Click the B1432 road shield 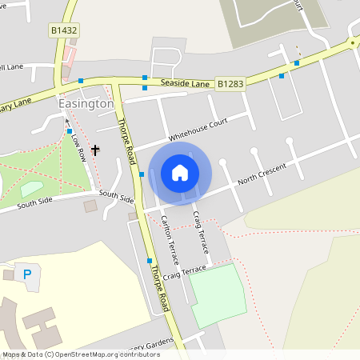coord(65,31)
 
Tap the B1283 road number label coord(230,82)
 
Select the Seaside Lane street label coord(185,83)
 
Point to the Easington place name coord(86,104)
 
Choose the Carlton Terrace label coord(170,240)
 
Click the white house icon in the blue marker coord(180,173)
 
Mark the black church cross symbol coord(95,150)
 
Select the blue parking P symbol coord(27,274)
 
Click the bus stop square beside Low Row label coord(70,130)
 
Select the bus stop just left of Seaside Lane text coord(144,78)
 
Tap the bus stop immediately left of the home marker coord(142,174)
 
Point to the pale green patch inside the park coord(31,189)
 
